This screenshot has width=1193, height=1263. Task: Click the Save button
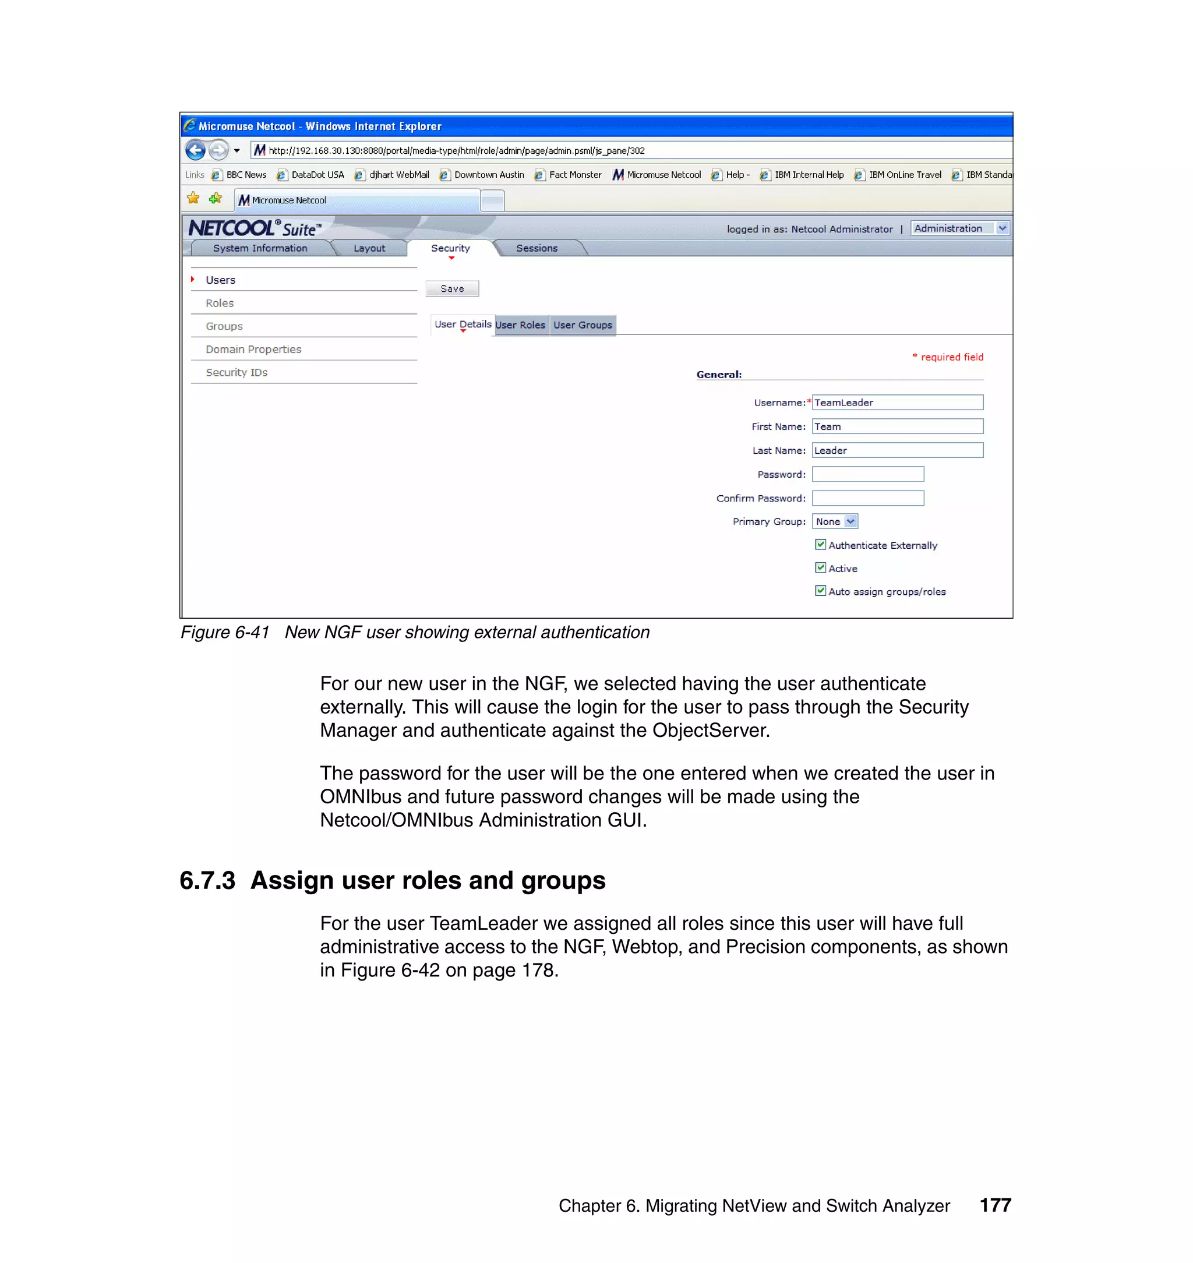pyautogui.click(x=451, y=289)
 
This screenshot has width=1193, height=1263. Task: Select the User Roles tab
pyautogui.click(x=520, y=325)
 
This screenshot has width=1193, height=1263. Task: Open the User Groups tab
pyautogui.click(x=583, y=325)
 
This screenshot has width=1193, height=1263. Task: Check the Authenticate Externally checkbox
pyautogui.click(x=820, y=544)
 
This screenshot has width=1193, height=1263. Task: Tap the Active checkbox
pyautogui.click(x=820, y=568)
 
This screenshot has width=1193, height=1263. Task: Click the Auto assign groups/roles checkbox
pyautogui.click(x=820, y=591)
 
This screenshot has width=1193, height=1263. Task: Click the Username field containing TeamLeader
pyautogui.click(x=896, y=403)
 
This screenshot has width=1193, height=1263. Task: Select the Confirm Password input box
pyautogui.click(x=867, y=498)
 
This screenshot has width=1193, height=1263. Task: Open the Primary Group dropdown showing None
pyautogui.click(x=834, y=521)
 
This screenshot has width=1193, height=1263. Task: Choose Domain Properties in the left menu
pyautogui.click(x=253, y=349)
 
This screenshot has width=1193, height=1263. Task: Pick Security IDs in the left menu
pyautogui.click(x=237, y=372)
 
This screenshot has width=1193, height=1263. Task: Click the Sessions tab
pyautogui.click(x=537, y=248)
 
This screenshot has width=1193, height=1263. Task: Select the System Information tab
pyautogui.click(x=260, y=248)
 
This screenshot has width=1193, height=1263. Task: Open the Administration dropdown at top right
pyautogui.click(x=959, y=228)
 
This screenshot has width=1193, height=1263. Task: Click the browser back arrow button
pyautogui.click(x=195, y=151)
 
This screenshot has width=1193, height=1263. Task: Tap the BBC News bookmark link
pyautogui.click(x=245, y=175)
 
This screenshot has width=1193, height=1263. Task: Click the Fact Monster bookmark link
pyautogui.click(x=575, y=175)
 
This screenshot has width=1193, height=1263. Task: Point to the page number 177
pyautogui.click(x=995, y=1205)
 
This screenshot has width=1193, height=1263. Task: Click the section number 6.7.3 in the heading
pyautogui.click(x=207, y=881)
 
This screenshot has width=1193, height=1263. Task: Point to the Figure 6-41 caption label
pyautogui.click(x=225, y=632)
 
